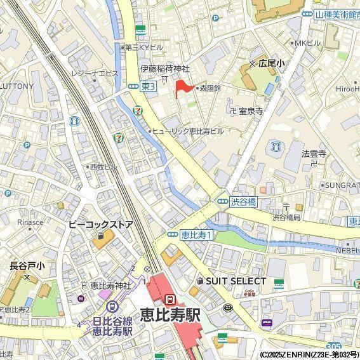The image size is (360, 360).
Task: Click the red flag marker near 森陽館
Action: pyautogui.click(x=182, y=88)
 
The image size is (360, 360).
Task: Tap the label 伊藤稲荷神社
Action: pyautogui.click(x=165, y=69)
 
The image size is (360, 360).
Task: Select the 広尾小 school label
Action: pyautogui.click(x=271, y=63)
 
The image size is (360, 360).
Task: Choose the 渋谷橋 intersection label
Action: pyautogui.click(x=243, y=202)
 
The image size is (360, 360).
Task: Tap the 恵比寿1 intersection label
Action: pyautogui.click(x=196, y=234)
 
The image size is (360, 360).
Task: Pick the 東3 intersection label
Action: pyautogui.click(x=148, y=86)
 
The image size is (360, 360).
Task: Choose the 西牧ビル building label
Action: pyautogui.click(x=103, y=166)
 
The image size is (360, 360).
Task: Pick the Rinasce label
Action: pyautogui.click(x=30, y=222)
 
